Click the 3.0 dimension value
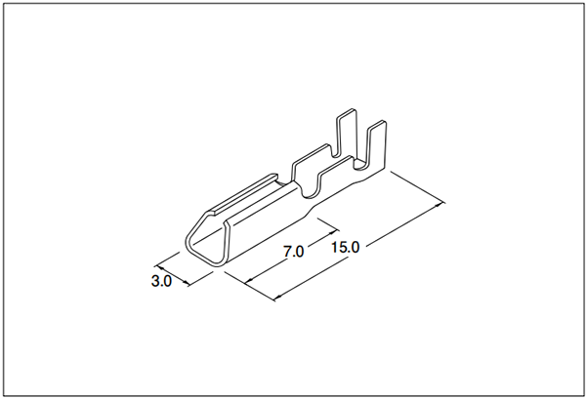161,281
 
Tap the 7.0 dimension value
293,252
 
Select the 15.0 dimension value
346,247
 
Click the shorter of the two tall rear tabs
377,145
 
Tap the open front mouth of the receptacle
205,242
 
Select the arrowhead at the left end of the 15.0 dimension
278,298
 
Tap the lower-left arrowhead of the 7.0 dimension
248,281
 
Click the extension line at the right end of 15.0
418,187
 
